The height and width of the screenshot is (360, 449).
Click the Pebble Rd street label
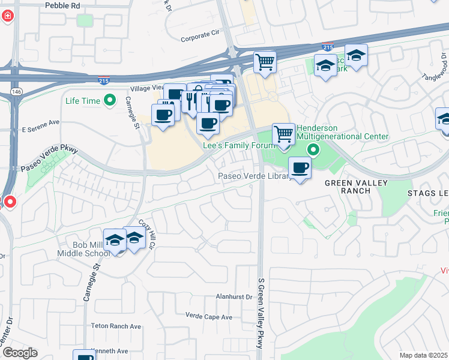62,5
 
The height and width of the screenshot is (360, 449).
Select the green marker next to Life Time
110,101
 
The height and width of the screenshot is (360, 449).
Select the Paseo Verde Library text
254,176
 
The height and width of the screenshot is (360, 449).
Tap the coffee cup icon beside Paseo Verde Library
300,167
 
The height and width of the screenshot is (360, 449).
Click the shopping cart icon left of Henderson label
283,134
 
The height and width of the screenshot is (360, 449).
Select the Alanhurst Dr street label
234,297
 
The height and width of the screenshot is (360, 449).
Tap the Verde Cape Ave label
208,316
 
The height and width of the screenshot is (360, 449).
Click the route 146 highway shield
16,91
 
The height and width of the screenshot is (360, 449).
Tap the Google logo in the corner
19,352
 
